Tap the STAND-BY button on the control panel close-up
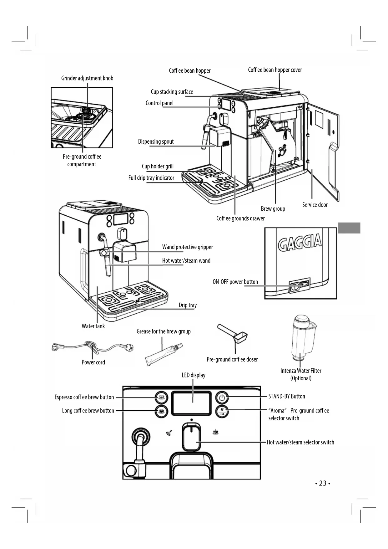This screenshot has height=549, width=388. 222,398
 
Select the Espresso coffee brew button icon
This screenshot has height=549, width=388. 161,398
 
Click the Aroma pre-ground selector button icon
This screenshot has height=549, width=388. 222,411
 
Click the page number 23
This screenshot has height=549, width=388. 323,483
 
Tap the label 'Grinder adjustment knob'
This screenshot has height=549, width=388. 87,78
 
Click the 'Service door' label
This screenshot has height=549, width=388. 315,205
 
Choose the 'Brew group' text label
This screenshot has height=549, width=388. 273,209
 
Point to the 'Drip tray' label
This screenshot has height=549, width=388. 188,305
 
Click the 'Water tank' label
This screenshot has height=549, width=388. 93,326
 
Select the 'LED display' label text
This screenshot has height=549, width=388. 194,375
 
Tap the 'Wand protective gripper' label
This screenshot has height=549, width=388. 188,247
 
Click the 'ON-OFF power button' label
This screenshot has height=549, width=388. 235,282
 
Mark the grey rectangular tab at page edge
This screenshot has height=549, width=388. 349,228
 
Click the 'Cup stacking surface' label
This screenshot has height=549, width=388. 172,92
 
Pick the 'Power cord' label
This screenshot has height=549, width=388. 93,362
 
